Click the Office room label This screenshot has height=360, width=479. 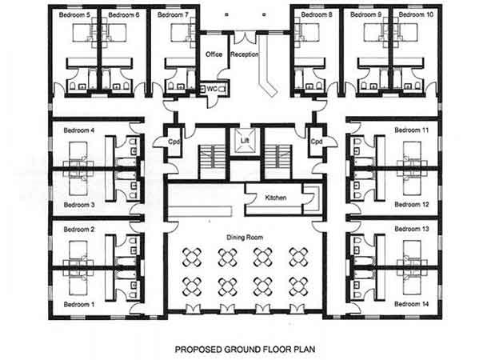(214, 54)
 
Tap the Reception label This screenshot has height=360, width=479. (245, 54)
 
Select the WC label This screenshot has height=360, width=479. (212, 89)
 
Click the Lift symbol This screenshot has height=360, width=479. (245, 140)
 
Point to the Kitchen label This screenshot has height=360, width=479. (276, 198)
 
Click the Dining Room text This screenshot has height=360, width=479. (245, 238)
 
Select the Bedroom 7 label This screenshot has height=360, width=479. (173, 14)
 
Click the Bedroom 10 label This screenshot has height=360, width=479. (416, 14)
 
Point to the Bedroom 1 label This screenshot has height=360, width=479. (79, 304)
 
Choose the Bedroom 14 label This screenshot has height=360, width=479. (412, 304)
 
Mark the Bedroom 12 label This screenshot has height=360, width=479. (412, 205)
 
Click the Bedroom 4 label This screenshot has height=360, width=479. (79, 130)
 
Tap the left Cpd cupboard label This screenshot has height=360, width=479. (174, 142)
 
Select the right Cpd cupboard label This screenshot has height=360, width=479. (317, 142)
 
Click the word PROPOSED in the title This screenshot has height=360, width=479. (198, 350)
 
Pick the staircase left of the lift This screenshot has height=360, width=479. (213, 162)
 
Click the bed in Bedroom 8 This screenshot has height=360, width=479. (309, 32)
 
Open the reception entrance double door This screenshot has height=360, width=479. (245, 38)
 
